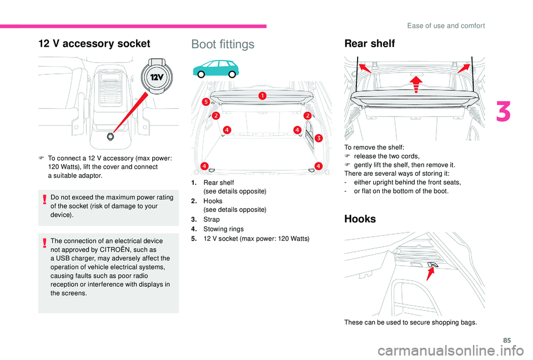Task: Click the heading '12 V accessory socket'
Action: coord(94,44)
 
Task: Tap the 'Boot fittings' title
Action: coord(223,44)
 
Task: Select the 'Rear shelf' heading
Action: coord(369,44)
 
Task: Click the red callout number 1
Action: coord(261,97)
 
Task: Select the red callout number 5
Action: coord(205,102)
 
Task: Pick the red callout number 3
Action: coord(319,138)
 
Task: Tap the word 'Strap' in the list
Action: coord(212,220)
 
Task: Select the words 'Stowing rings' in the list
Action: coord(220,229)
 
